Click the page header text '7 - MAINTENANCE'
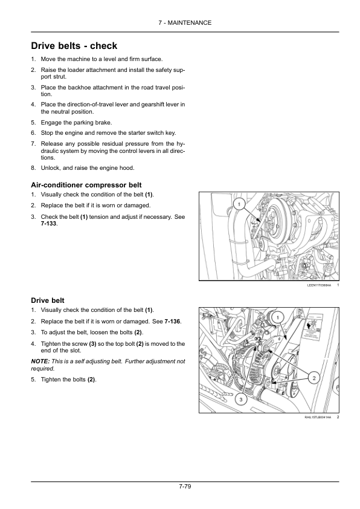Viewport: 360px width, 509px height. pos(185,23)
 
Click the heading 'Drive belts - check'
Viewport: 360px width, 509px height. pos(74,46)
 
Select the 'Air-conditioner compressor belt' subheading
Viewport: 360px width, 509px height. pos(86,185)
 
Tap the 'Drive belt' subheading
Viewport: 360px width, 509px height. pos(48,300)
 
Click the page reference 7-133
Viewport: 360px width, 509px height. pos(49,224)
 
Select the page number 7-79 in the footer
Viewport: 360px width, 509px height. pos(185,486)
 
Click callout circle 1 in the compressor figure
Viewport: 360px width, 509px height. pos(239,204)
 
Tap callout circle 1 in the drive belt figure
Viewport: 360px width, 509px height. pos(279,317)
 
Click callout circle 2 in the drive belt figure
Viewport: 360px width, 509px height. pos(313,378)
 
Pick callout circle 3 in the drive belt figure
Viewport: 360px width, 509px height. pos(240,399)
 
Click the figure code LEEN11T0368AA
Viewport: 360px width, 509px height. pos(319,285)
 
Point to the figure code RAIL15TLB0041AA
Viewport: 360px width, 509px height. pos(318,417)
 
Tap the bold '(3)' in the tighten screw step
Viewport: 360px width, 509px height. pos(92,344)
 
